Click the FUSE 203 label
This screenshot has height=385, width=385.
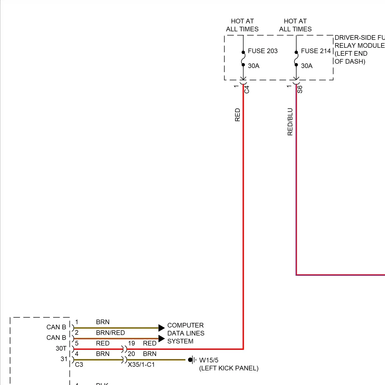pyautogui.click(x=263, y=51)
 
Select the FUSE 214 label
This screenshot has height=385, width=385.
pyautogui.click(x=316, y=51)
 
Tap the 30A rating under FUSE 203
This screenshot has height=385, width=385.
pyautogui.click(x=254, y=66)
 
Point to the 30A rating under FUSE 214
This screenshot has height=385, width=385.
pyautogui.click(x=307, y=66)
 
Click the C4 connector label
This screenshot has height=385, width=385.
pyautogui.click(x=247, y=89)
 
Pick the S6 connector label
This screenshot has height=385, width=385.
pyautogui.click(x=300, y=89)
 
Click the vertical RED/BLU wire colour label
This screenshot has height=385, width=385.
pyautogui.click(x=290, y=122)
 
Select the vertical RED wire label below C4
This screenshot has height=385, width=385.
pyautogui.click(x=237, y=115)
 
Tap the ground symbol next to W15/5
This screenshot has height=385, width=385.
pyautogui.click(x=192, y=360)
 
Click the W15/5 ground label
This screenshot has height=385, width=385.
pyautogui.click(x=209, y=360)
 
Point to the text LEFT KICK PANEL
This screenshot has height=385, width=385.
pyautogui.click(x=229, y=368)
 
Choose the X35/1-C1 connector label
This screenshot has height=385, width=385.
pyautogui.click(x=141, y=364)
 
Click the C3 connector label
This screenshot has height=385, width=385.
pyautogui.click(x=79, y=364)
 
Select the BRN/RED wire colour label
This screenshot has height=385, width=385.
pyautogui.click(x=110, y=333)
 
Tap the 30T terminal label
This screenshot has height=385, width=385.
pyautogui.click(x=61, y=348)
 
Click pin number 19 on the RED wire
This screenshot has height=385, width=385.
pyautogui.click(x=131, y=343)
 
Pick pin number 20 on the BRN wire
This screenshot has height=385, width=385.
pyautogui.click(x=131, y=354)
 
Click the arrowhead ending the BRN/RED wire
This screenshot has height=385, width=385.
pyautogui.click(x=161, y=339)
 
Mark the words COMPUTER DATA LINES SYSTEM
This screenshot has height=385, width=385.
pyautogui.click(x=186, y=333)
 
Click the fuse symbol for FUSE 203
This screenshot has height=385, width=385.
pyautogui.click(x=243, y=59)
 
